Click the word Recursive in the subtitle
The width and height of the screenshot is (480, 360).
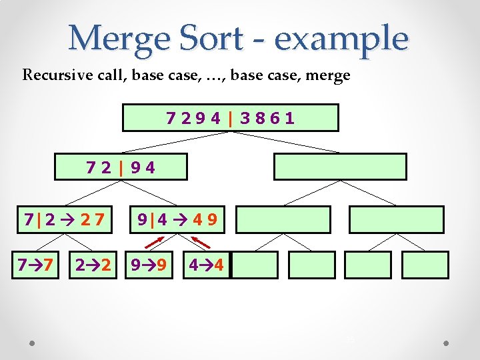pos(53,75)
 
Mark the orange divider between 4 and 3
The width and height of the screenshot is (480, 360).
pos(230,118)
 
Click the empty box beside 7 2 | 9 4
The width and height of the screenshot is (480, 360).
pos(340,167)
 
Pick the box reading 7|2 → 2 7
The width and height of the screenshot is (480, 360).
pos(64,219)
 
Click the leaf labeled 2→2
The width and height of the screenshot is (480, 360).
pos(92,265)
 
